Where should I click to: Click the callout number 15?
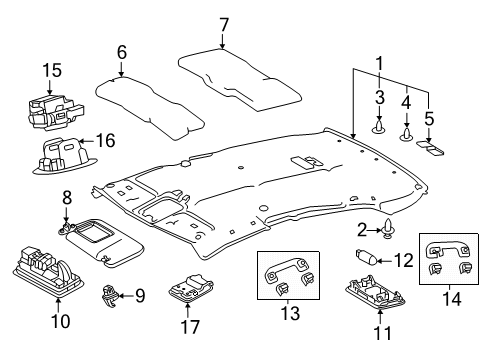coord(51,70)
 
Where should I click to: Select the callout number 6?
coord(121,52)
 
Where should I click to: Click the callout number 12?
coord(403,260)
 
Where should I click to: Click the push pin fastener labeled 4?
coord(407,131)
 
